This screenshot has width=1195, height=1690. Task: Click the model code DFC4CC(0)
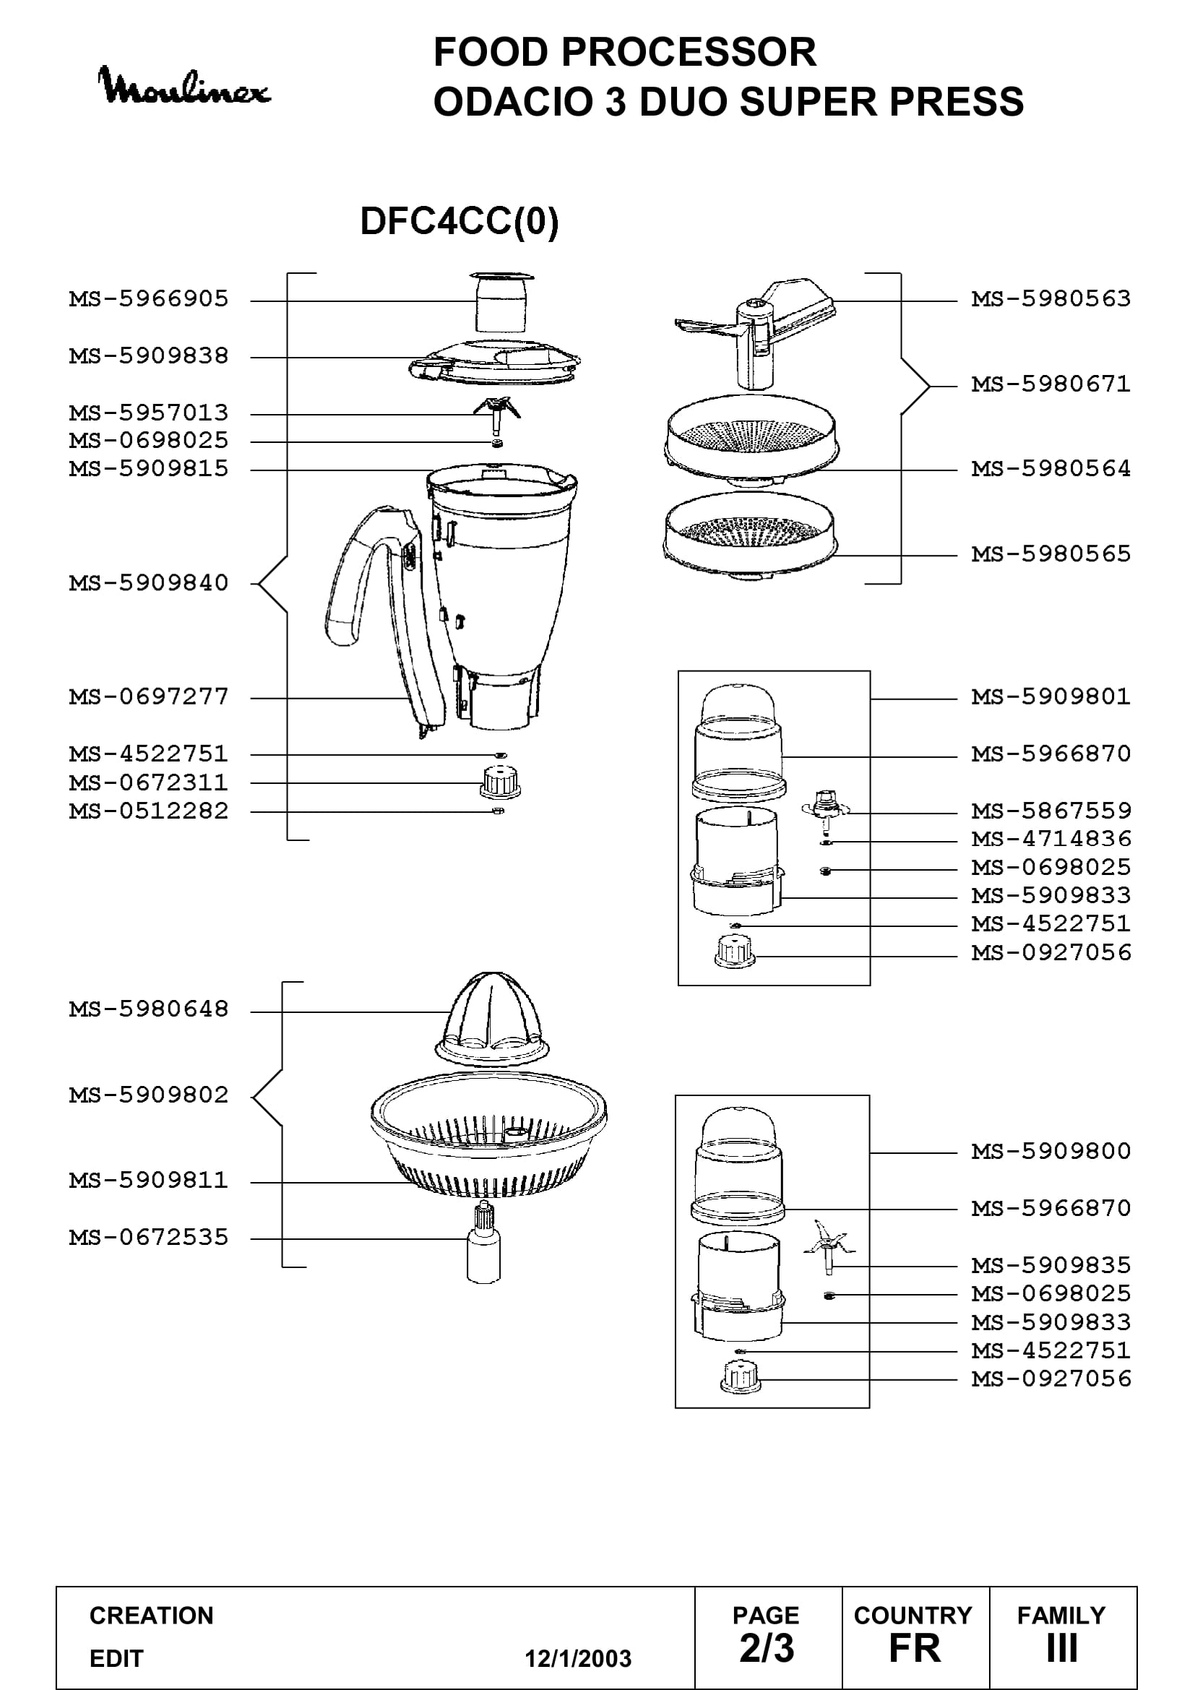coord(460,221)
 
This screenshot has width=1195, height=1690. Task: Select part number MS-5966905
coord(149,299)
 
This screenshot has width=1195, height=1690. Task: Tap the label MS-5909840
coord(149,583)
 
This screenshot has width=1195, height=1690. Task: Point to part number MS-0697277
coord(149,697)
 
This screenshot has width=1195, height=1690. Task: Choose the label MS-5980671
coord(1051,384)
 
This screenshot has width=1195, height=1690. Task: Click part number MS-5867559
coord(1051,811)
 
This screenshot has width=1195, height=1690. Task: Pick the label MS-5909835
coord(1051,1265)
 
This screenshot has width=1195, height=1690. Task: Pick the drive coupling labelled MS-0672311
coord(501,782)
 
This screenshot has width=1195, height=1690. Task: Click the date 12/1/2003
coord(578,1658)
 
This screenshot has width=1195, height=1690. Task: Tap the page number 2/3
coord(767,1648)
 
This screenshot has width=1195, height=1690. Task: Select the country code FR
coord(915,1648)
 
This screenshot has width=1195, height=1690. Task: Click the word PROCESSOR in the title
coord(689,52)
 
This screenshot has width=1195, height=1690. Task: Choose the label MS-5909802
coord(149,1095)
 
